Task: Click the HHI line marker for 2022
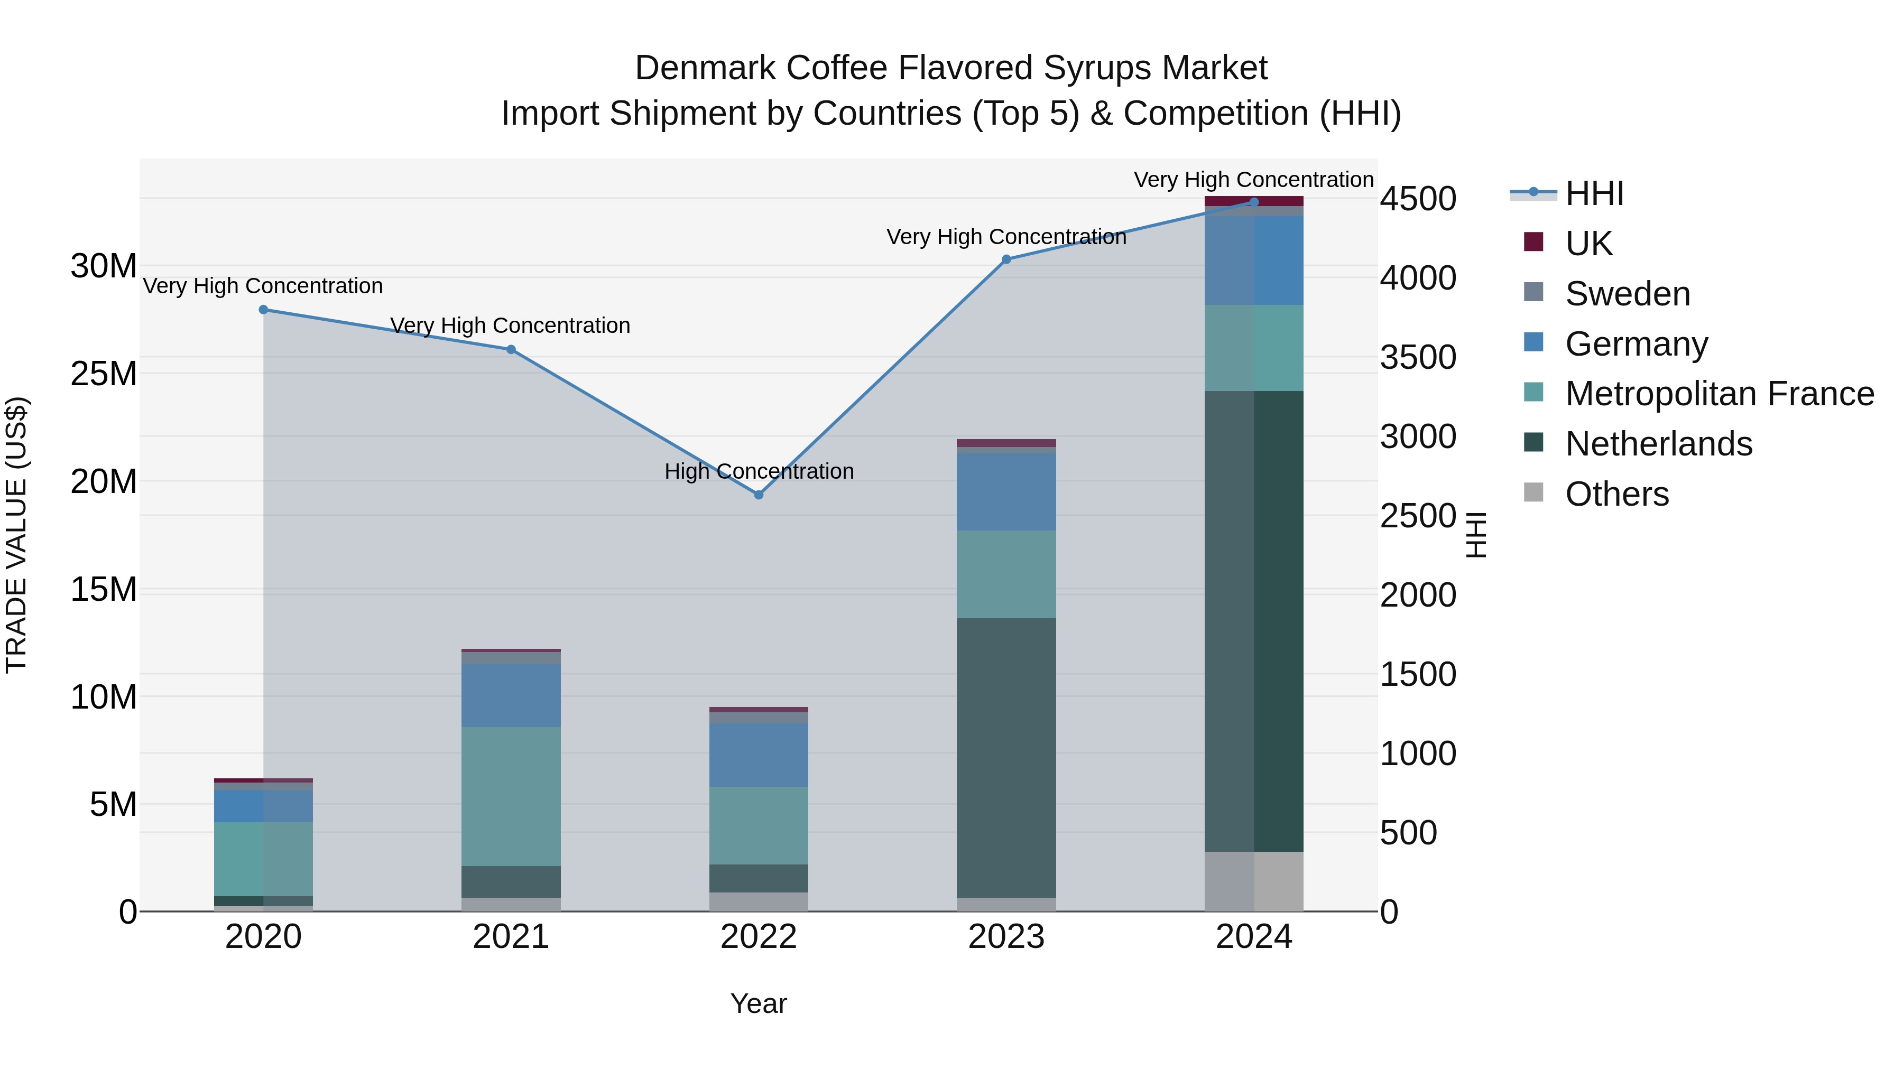759,495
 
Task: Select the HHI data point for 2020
264,310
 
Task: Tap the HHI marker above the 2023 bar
1006,259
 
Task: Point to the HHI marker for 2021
511,349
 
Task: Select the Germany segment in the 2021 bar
511,695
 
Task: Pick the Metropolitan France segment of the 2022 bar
759,825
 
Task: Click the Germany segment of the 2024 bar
1254,260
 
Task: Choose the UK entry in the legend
1588,243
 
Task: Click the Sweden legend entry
1628,293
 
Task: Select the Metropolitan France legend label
1719,394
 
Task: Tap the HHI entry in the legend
1594,193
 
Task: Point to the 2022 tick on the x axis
759,937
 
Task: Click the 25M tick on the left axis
104,374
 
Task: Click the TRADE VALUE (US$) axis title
16,535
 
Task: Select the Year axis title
759,1003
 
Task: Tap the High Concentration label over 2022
759,471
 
